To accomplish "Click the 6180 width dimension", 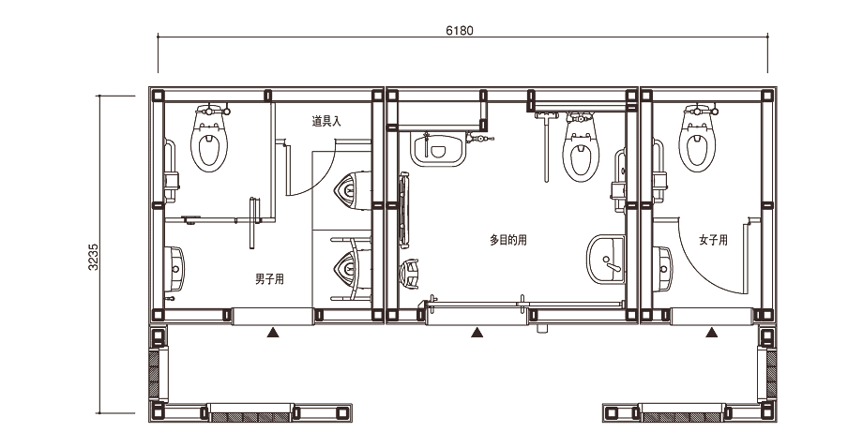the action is tap(459, 31).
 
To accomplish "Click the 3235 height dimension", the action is tap(93, 256).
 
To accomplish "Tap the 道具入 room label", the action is tap(326, 121).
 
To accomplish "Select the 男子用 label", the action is tap(269, 278).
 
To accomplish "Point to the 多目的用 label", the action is tap(508, 240).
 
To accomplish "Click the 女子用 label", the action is tap(713, 240).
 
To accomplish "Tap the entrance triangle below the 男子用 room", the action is tap(273, 332).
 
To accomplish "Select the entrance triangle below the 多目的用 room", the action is tap(477, 332).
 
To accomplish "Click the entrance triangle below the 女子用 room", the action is tap(712, 332).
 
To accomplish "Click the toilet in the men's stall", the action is tap(209, 139).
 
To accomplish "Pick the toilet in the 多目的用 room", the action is tap(580, 147).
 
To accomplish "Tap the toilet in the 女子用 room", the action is tap(697, 138).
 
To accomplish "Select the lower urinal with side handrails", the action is tap(351, 269).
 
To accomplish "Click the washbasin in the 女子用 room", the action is tap(662, 269).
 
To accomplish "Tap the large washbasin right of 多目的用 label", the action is tap(605, 260).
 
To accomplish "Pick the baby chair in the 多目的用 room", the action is tap(410, 274).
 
